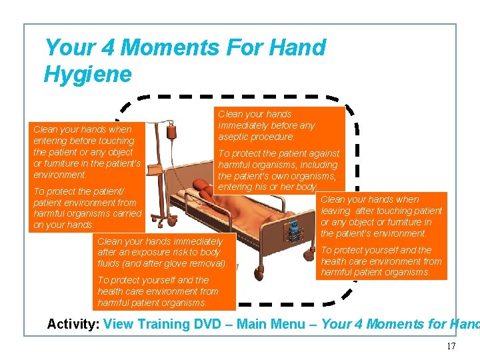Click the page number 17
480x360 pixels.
click(x=451, y=346)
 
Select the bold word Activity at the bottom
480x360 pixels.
click(x=72, y=325)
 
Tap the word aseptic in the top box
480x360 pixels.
click(x=237, y=137)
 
